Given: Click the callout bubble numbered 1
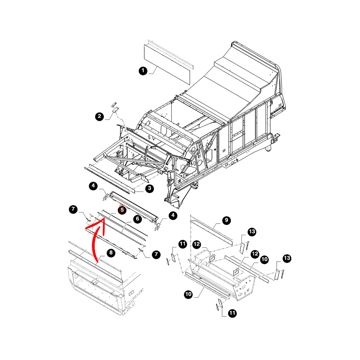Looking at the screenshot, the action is point(143,71).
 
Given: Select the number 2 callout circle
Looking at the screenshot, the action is point(99,116).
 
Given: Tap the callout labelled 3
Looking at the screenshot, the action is point(150,189).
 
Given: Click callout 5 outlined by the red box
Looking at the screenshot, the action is point(122,210).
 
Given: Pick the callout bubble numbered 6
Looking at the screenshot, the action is point(138,219).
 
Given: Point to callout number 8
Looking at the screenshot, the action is point(111,253).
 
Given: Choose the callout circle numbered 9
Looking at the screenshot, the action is point(226,220).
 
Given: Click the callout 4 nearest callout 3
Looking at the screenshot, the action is point(93,186).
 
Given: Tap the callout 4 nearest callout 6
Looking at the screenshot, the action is point(173,215).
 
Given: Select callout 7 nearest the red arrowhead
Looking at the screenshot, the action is point(73,209).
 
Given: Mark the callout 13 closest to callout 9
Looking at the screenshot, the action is point(252,231).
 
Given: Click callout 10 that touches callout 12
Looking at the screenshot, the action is point(265,260).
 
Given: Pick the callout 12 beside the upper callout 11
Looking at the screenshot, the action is point(197,244).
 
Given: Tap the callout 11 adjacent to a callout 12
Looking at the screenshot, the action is point(183,244).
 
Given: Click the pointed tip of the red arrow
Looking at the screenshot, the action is point(104,219).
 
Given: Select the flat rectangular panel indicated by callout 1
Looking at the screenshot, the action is point(167,65).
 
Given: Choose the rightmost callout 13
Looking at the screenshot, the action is point(287,258).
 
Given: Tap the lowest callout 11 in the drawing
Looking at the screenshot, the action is point(232,313).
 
